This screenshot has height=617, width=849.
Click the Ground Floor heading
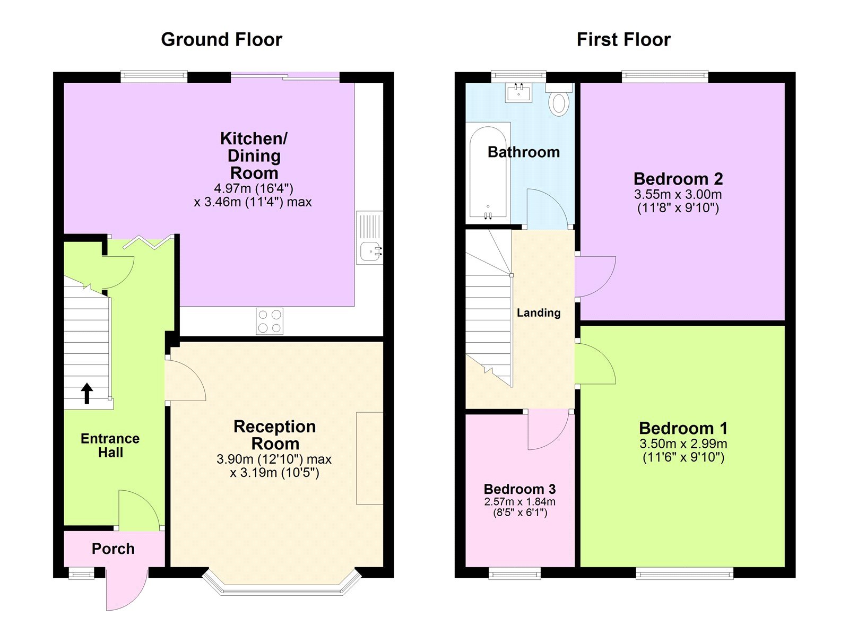[x=221, y=40]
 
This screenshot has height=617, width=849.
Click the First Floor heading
[x=623, y=40]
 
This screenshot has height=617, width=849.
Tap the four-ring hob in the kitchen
[x=270, y=321]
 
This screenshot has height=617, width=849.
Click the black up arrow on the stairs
[x=87, y=393]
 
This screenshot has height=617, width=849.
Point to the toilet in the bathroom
[x=558, y=102]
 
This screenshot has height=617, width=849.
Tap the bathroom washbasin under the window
[x=518, y=93]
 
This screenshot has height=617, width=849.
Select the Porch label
[x=113, y=549]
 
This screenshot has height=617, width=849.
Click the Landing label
[x=539, y=313]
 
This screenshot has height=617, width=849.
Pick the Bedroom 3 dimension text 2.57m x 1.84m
[x=519, y=502]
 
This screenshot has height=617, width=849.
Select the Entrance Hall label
[x=110, y=446]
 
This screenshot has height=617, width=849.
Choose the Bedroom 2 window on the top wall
[x=665, y=77]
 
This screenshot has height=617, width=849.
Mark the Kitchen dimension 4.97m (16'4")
[x=254, y=188]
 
